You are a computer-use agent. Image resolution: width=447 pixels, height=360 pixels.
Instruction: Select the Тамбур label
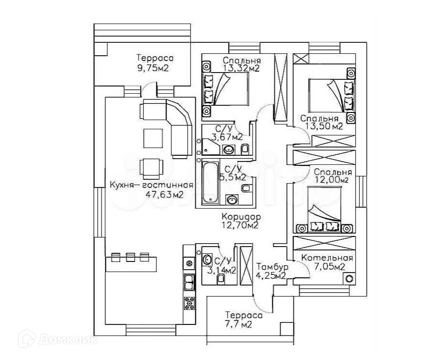point(272,267)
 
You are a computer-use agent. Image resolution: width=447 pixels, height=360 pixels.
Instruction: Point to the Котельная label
point(327,258)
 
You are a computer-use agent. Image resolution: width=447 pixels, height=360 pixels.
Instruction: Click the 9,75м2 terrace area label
point(153,68)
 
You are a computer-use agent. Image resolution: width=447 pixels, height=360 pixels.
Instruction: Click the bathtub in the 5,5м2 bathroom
point(211,183)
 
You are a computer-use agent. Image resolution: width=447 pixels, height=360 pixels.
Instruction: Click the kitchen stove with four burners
point(189,302)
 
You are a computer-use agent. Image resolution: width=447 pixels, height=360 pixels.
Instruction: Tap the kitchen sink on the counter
point(189,282)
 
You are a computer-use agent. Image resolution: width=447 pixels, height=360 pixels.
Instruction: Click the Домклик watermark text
point(68,340)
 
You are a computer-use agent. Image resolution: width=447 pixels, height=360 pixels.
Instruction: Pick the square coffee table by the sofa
point(153,138)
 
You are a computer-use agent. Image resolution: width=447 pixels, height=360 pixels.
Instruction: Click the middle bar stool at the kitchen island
point(130,257)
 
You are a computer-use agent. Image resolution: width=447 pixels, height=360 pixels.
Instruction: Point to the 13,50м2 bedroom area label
point(323,126)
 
